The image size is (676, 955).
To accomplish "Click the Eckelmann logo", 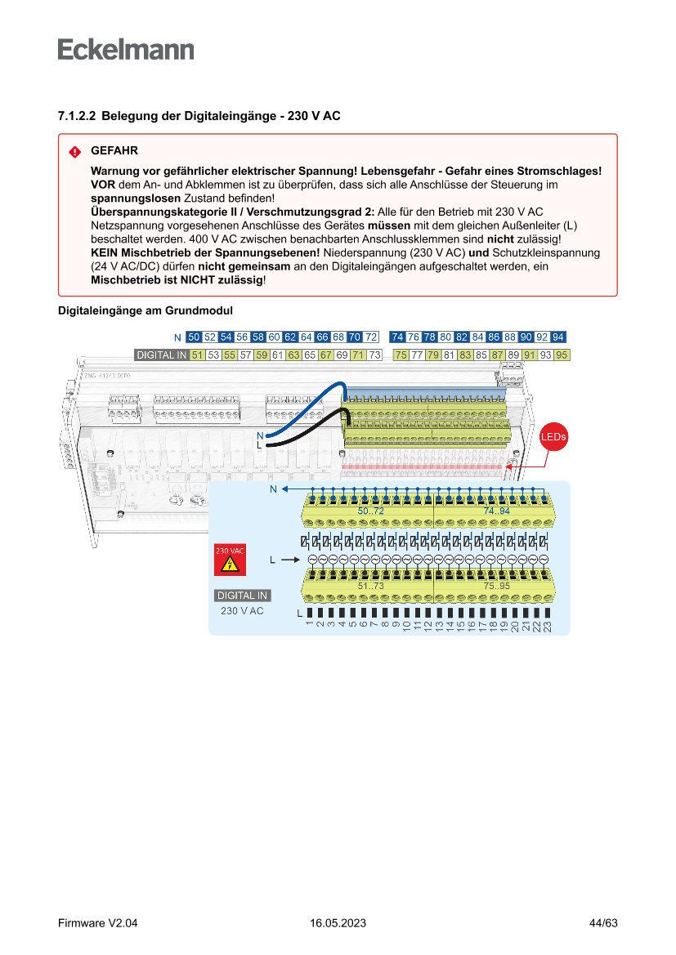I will click(126, 50).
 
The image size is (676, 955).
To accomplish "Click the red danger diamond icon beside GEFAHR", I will click(74, 152).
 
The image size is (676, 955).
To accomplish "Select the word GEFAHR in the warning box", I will click(114, 151).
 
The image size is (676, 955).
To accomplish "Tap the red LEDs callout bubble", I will click(553, 437).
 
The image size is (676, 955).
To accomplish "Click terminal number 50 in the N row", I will click(194, 337).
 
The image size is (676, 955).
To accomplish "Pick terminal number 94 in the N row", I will click(558, 337).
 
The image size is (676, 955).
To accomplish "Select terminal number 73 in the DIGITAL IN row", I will click(374, 355).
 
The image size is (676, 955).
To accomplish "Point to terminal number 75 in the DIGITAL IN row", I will click(401, 355).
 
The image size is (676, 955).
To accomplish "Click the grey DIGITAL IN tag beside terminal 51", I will click(161, 355).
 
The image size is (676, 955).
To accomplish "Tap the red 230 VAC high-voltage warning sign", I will click(230, 560).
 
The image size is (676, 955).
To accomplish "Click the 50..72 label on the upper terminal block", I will click(370, 511).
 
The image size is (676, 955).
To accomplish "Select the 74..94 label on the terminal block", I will click(496, 511).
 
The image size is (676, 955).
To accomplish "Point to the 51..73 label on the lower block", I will click(370, 587).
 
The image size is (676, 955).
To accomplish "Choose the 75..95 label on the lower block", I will click(496, 587).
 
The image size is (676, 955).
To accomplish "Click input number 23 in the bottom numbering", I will click(548, 625).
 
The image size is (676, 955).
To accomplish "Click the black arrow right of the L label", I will click(289, 560).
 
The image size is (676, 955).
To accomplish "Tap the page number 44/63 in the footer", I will click(603, 923).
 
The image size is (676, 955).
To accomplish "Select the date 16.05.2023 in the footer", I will click(338, 923).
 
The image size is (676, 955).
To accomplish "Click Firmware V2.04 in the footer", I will click(98, 923).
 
